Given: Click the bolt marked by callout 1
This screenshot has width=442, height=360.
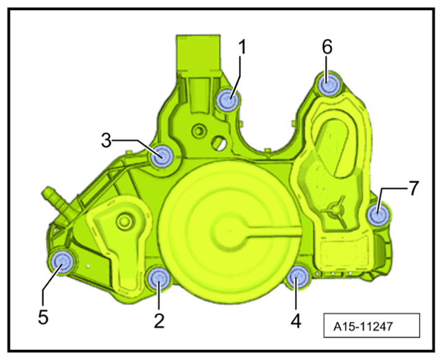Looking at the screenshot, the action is pos(228,100).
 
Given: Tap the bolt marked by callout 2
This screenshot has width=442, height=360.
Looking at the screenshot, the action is pos(158,278).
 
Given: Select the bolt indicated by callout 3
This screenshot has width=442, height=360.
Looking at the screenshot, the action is pos(162,156).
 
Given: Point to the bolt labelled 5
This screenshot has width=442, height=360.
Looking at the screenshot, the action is pos(62,261).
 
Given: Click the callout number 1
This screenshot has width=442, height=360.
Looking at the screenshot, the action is pos(241,47).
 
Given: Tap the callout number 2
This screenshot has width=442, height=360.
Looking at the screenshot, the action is pos(159,320).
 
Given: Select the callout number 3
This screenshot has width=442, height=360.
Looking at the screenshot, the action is pos(107,140).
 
